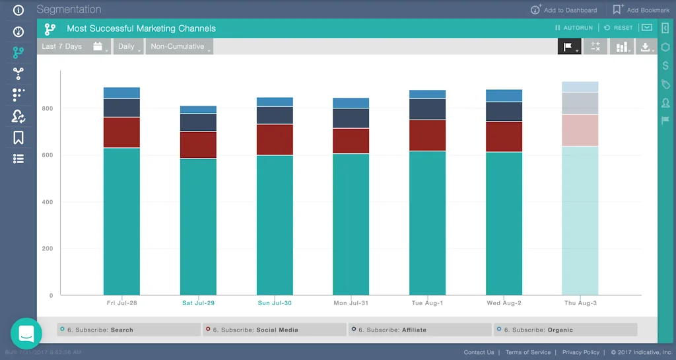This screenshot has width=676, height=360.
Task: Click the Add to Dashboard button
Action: point(564,10)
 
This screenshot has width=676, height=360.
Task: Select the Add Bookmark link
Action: point(641,10)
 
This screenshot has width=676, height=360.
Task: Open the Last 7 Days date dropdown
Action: point(73,47)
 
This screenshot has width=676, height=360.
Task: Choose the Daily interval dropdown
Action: point(128,47)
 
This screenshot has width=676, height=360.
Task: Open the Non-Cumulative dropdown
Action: point(179,47)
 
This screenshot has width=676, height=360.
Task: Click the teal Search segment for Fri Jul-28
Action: point(121,221)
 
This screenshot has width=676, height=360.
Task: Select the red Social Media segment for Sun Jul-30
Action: point(275,139)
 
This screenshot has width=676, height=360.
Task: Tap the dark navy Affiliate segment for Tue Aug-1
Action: point(427,109)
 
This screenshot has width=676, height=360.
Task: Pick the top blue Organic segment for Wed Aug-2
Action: point(504,96)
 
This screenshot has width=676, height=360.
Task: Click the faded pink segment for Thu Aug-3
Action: point(580,130)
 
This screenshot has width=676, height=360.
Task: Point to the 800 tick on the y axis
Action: point(48,108)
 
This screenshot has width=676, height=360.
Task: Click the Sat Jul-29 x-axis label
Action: point(198,303)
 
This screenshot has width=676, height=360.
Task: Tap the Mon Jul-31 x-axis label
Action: point(351,303)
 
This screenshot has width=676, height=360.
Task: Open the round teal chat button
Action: point(26,334)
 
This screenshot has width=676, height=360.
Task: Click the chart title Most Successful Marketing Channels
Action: point(141,28)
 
